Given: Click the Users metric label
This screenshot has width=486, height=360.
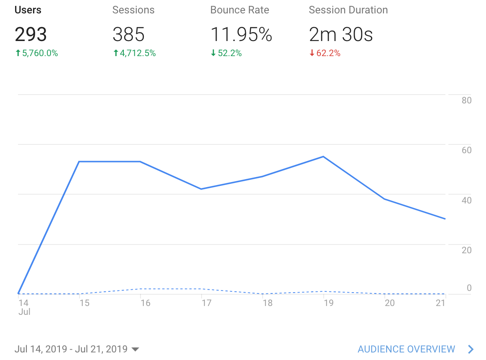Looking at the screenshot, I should click(x=28, y=10).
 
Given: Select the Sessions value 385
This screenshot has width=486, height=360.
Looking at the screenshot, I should click(x=128, y=34).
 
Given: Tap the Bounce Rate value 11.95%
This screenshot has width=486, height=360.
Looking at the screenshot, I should click(x=241, y=34).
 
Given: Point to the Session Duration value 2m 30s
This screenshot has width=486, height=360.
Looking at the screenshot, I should click(x=340, y=34).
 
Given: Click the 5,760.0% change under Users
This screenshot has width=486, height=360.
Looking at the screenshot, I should click(x=36, y=53).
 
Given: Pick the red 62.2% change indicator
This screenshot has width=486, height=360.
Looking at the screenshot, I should click(x=325, y=53).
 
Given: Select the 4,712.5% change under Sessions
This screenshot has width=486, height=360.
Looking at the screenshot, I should click(x=134, y=53).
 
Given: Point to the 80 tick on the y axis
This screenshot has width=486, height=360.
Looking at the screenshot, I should click(x=466, y=100).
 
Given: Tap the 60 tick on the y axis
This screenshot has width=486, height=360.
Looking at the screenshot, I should click(x=466, y=150).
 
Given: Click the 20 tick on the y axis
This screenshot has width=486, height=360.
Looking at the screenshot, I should click(x=466, y=250).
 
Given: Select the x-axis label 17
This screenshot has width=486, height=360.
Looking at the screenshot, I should click(x=206, y=303).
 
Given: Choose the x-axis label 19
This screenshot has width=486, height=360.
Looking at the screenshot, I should click(x=328, y=303).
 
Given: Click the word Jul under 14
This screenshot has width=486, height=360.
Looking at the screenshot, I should click(x=24, y=311).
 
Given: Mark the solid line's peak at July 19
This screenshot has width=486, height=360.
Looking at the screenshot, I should click(x=323, y=157).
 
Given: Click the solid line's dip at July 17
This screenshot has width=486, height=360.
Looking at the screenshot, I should click(x=201, y=189).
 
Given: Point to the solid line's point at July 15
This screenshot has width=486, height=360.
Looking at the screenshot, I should click(x=79, y=162).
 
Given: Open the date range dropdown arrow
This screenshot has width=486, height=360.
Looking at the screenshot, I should click(x=135, y=349).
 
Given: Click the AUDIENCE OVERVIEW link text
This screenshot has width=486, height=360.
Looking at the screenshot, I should click(x=406, y=349).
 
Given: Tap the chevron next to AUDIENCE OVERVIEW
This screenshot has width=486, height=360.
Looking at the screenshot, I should click(x=471, y=349).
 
